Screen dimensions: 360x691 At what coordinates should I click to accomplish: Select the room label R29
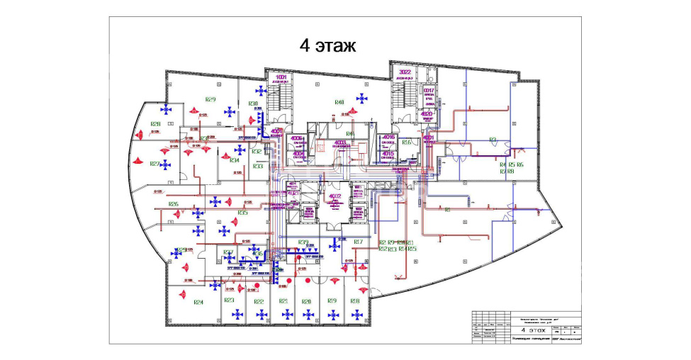tap(210, 99)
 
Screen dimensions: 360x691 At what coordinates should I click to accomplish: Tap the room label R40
tap(339, 103)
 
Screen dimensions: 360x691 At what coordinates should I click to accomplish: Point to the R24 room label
tap(198, 303)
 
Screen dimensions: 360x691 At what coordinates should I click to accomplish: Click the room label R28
tap(155, 125)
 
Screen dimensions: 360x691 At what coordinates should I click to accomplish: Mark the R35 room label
tap(242, 212)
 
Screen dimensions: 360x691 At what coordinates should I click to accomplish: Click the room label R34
tap(234, 160)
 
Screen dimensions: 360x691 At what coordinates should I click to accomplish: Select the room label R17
tap(358, 242)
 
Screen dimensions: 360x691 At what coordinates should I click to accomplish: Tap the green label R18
tap(355, 301)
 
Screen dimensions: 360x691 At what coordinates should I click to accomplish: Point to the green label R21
tap(283, 301)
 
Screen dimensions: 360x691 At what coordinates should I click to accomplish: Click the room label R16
tap(407, 142)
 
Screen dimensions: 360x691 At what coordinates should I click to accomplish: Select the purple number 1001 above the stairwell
tap(281, 77)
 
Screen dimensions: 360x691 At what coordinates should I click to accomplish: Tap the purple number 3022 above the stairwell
tap(405, 72)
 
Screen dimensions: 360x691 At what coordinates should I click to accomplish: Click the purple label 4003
tap(340, 142)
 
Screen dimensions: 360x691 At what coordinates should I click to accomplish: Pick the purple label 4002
tap(335, 196)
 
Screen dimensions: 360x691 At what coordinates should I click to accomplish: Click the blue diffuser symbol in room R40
tap(363, 98)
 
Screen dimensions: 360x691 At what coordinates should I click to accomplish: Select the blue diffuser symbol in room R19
tap(333, 314)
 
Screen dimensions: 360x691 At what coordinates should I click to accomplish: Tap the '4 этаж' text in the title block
tap(533, 330)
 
